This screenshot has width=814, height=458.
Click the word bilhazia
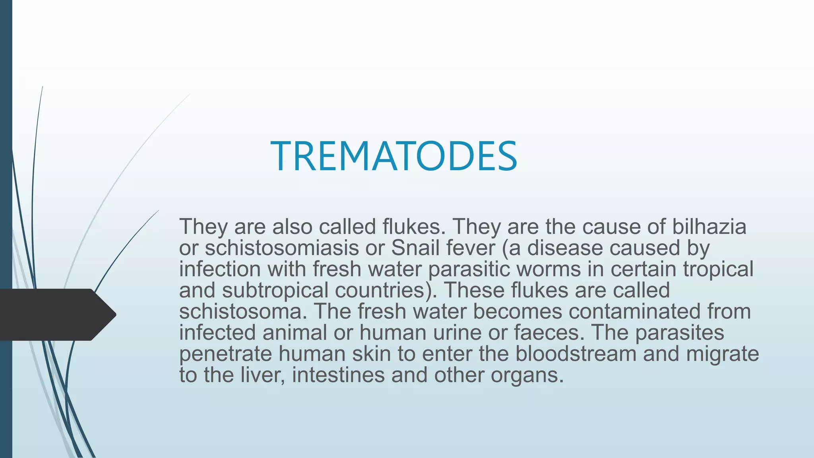pos(709,227)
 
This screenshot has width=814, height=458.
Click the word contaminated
pos(634,311)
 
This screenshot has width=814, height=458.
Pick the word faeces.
pos(549,332)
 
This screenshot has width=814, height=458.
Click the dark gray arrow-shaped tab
pos(56,314)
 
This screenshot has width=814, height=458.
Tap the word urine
pos(457,332)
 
